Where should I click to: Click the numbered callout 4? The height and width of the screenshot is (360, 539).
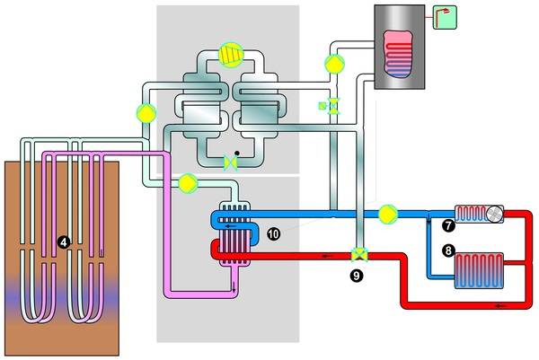tap(62, 241)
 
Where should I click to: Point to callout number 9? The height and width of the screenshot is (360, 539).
tap(358, 275)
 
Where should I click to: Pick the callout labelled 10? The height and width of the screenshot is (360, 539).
tap(274, 233)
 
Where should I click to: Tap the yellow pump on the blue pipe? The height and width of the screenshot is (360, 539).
tap(387, 214)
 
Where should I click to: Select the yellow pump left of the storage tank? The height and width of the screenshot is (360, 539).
tap(334, 64)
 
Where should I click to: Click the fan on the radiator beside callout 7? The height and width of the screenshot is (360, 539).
tap(493, 214)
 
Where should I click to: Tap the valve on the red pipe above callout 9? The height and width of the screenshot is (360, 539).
tap(358, 254)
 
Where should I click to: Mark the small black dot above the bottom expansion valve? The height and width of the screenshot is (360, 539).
tap(236, 152)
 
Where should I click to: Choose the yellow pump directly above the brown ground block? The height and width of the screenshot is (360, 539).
tap(145, 113)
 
